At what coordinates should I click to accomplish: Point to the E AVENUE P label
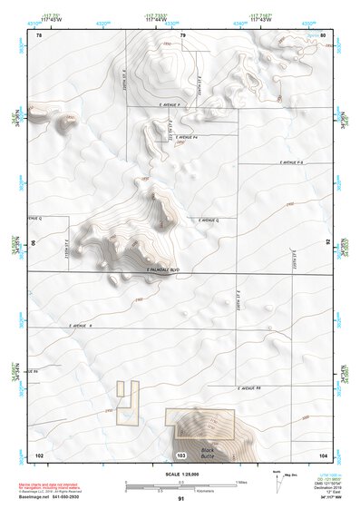[168, 105]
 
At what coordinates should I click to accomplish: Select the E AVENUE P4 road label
[183, 136]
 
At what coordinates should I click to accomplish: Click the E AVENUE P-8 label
[289, 162]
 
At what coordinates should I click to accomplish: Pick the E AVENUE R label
[81, 325]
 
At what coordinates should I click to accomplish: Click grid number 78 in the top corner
[39, 35]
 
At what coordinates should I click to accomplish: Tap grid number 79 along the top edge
[182, 35]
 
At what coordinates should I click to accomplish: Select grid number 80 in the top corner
[322, 35]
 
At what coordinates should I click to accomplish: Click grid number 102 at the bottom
[39, 454]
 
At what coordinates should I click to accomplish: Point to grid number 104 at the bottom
[322, 454]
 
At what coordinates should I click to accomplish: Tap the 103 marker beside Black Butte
[181, 453]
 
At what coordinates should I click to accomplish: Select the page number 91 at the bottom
[181, 498]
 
